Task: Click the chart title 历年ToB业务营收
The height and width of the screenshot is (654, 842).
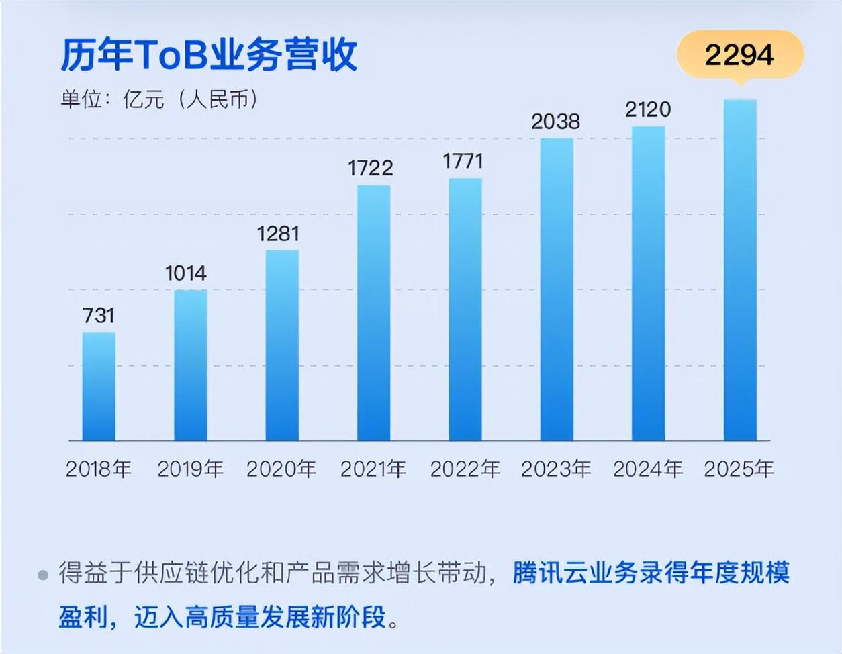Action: pyautogui.click(x=209, y=55)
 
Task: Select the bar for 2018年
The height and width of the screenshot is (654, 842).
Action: pyautogui.click(x=99, y=386)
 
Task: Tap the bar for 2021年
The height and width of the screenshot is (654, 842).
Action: pyautogui.click(x=373, y=313)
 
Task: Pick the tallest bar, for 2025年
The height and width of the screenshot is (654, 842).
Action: pyautogui.click(x=740, y=270)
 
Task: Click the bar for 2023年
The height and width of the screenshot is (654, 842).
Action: pyautogui.click(x=557, y=289)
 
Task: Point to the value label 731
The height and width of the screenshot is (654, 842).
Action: pyautogui.click(x=99, y=316)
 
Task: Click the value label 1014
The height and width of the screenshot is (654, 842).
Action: pyautogui.click(x=186, y=273)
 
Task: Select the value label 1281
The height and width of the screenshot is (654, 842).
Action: pyautogui.click(x=278, y=234)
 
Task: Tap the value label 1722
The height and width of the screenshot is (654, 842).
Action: pyautogui.click(x=370, y=168)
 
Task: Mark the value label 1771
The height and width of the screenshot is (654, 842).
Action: pyautogui.click(x=463, y=161)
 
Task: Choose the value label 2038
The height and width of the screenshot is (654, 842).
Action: pyautogui.click(x=555, y=122)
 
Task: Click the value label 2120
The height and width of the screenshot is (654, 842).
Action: pyautogui.click(x=648, y=109)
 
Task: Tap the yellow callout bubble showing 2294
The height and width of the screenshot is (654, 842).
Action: pyautogui.click(x=739, y=55)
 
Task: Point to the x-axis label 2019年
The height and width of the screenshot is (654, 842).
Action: pyautogui.click(x=190, y=469)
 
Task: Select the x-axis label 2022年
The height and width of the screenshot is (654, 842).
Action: pyautogui.click(x=465, y=469)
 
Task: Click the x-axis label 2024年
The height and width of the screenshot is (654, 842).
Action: pyautogui.click(x=647, y=469)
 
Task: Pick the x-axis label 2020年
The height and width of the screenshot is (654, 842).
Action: pyautogui.click(x=281, y=469)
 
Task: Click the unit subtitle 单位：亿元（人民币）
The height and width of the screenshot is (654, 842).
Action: pyautogui.click(x=159, y=100)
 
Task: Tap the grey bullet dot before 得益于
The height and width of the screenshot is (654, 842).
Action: pyautogui.click(x=44, y=575)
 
